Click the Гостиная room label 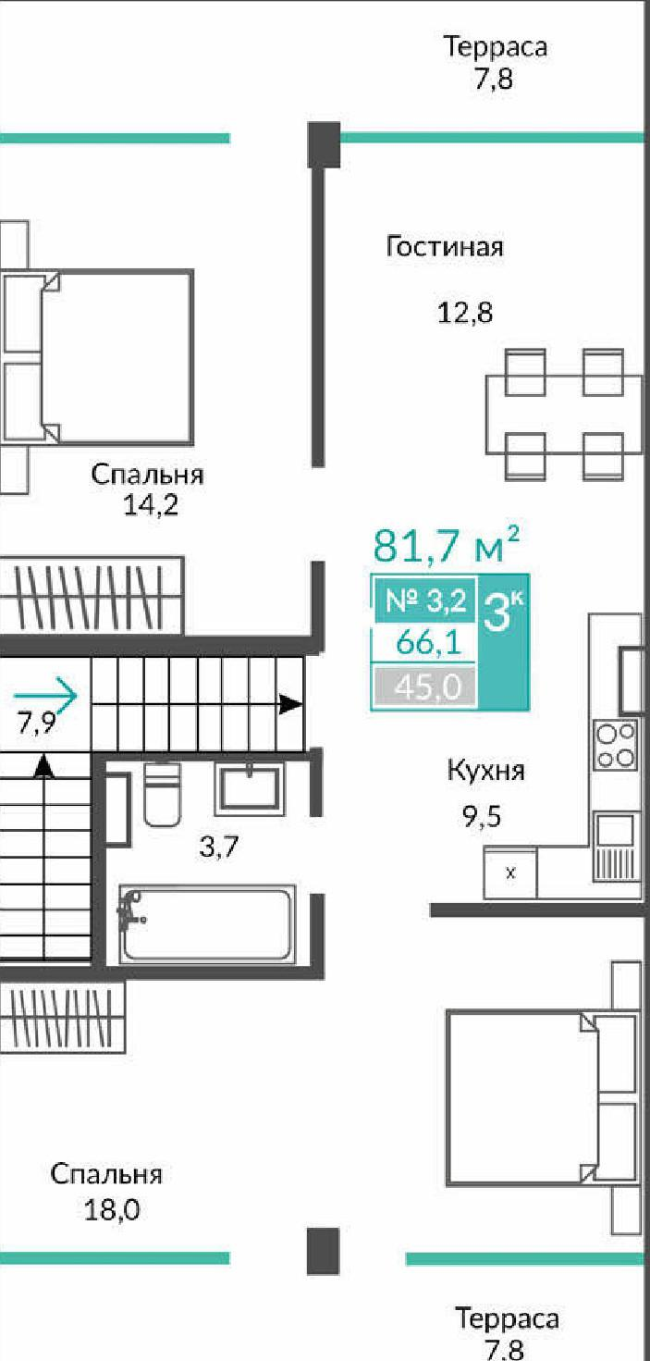445,248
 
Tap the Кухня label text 486,770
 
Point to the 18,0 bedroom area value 112,1209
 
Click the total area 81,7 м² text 445,546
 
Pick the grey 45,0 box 423,687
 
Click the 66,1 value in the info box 423,643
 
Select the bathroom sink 250,788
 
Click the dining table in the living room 564,414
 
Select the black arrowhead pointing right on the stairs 291,704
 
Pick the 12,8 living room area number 465,313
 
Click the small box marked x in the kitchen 509,872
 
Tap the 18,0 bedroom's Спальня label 106,1175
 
